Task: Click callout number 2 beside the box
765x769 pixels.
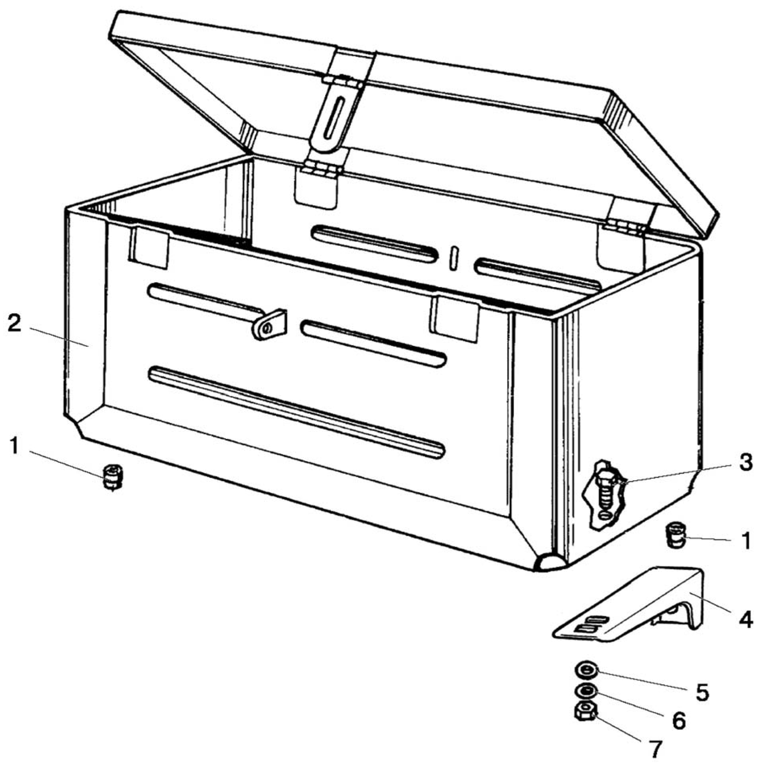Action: tap(14, 323)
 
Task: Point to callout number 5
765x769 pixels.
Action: tap(702, 692)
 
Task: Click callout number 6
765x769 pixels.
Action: tap(678, 721)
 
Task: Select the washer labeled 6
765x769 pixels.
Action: tap(586, 692)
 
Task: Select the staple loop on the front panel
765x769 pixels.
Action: tap(270, 325)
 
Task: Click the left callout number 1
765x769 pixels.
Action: tap(15, 447)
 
